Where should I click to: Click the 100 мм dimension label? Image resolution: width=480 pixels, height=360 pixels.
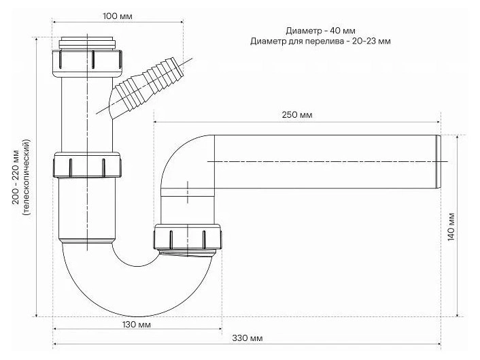pyautogui.click(x=118, y=16)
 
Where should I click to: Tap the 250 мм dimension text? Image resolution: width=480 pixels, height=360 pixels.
pyautogui.click(x=297, y=115)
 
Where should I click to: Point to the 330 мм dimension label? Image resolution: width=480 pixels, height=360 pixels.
pyautogui.click(x=247, y=338)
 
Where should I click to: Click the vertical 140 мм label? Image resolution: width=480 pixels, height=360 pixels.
pyautogui.click(x=451, y=227)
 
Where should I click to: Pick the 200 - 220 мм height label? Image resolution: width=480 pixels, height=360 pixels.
pyautogui.click(x=16, y=178)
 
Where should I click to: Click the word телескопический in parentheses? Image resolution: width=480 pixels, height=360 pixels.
pyautogui.click(x=27, y=178)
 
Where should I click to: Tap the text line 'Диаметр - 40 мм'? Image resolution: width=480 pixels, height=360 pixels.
pyautogui.click(x=320, y=31)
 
